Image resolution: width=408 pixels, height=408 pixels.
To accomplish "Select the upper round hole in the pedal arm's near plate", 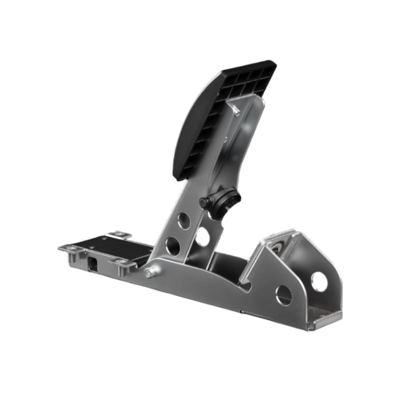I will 184,221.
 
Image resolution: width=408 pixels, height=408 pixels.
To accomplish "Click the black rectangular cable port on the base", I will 93,264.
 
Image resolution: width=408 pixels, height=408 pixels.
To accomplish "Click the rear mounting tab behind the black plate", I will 119,235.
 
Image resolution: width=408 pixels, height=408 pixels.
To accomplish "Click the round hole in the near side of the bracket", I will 284,295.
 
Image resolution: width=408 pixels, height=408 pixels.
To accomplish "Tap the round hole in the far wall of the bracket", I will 319,282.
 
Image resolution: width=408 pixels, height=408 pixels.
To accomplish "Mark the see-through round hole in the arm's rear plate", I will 202,236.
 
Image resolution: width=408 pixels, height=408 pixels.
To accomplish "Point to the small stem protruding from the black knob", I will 204,202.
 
